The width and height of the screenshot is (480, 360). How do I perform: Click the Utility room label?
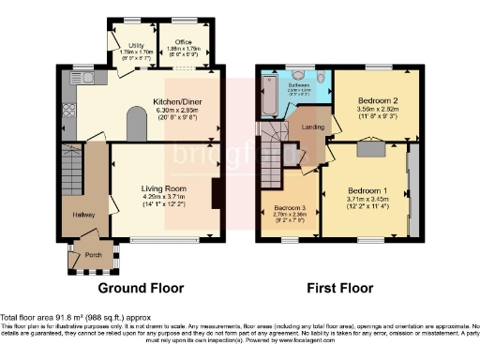[x=136, y=44]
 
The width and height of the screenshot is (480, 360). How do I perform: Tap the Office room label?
[x=185, y=44]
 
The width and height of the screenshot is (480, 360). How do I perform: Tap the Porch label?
[x=93, y=254]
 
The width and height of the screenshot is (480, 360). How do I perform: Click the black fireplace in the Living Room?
[x=217, y=194]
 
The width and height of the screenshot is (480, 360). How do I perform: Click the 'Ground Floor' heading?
[x=142, y=288]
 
